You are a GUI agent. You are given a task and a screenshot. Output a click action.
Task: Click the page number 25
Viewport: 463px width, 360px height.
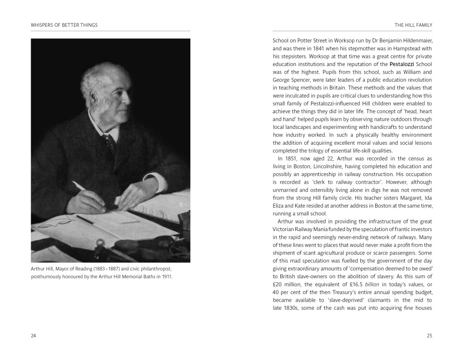tap(429, 336)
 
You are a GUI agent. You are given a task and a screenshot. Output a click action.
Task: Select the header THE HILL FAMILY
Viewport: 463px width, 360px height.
tap(413, 24)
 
